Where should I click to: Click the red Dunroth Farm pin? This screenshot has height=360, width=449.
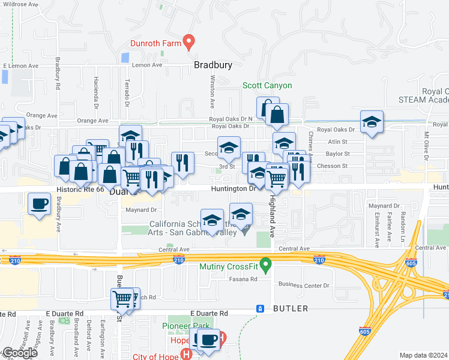point(189,42)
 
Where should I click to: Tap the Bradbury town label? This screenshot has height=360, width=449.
point(212,65)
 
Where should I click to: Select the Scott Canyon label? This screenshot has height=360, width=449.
point(267,85)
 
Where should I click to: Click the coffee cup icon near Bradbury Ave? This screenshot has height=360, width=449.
point(40,203)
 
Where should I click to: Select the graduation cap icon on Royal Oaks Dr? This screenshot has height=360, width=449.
point(372,122)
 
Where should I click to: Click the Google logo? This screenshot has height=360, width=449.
point(20,353)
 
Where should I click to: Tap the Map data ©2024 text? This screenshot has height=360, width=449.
point(423,355)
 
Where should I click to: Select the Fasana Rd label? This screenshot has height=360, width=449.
point(243,279)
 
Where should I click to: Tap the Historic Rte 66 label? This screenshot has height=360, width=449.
point(79,188)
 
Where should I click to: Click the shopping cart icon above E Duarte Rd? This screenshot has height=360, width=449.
point(122,298)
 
